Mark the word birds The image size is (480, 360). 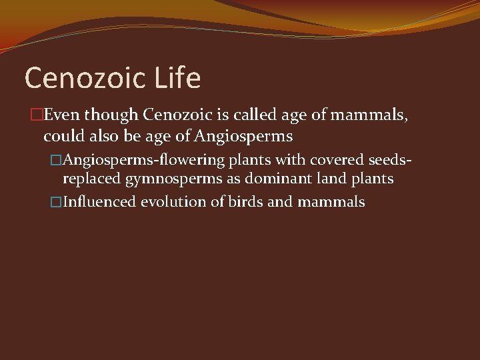point(245,201)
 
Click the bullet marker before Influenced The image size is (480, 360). point(56,201)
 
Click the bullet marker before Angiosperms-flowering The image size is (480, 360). point(56,160)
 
